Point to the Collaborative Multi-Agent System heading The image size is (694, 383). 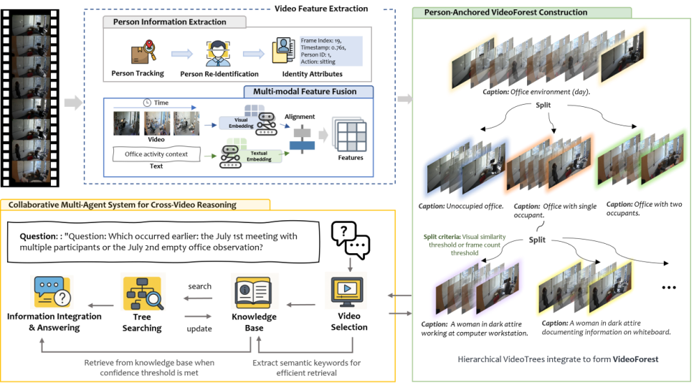(122, 205)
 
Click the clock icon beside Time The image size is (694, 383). (147, 103)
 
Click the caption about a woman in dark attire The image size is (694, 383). (607, 327)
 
